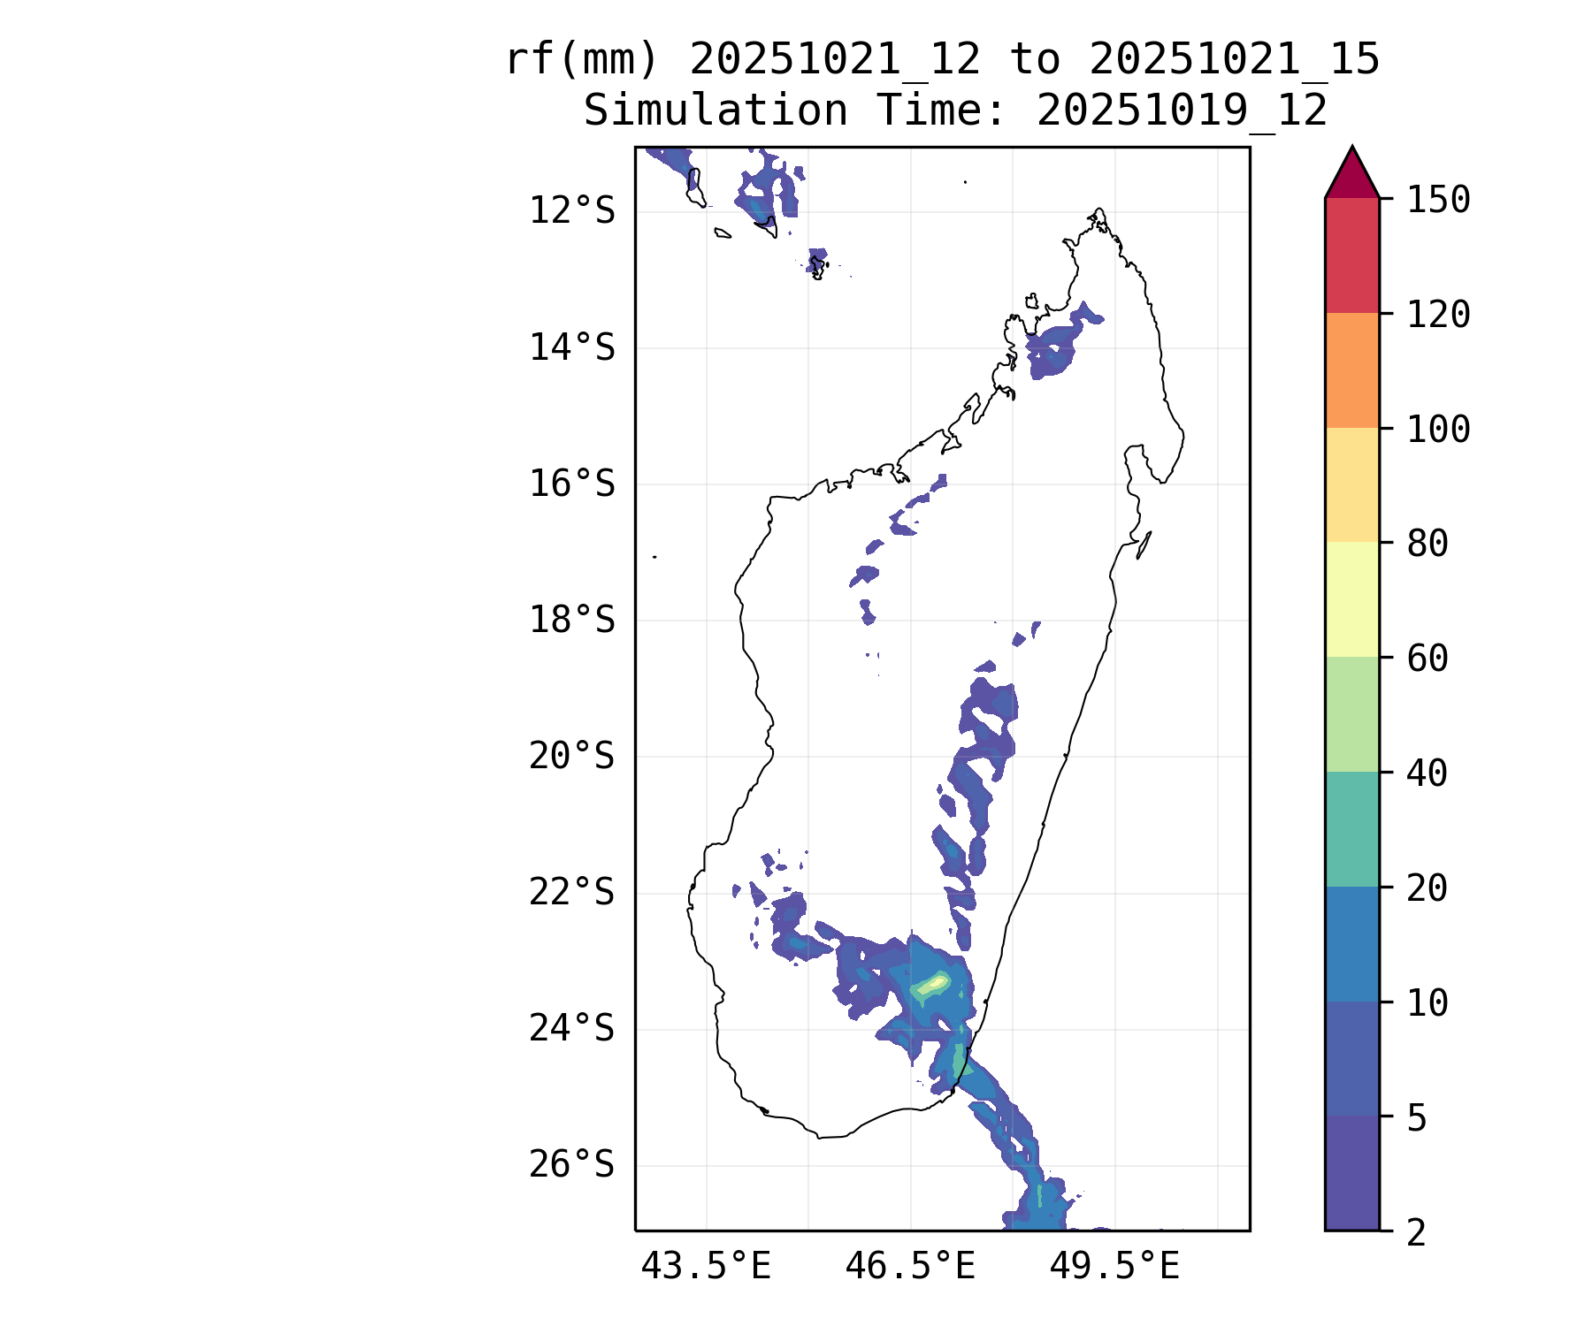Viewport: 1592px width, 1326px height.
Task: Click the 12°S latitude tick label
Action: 571,211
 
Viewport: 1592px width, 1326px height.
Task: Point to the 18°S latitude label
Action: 571,621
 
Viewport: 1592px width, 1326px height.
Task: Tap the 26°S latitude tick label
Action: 571,1165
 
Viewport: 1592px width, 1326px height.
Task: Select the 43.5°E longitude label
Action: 706,1267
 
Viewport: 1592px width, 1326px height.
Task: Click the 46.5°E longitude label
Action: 910,1267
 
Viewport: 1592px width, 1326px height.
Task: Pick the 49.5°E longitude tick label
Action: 1114,1267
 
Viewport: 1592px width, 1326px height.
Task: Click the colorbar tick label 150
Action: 1438,200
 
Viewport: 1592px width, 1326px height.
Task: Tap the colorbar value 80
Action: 1427,544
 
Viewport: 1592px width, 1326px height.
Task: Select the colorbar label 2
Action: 1417,1232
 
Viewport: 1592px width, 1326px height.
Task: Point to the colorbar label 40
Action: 1427,773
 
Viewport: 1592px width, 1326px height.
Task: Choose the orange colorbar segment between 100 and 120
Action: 1351,370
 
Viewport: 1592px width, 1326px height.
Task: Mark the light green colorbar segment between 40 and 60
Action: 1351,714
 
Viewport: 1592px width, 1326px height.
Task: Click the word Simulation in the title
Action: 716,110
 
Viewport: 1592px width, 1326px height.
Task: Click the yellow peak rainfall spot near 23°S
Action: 936,981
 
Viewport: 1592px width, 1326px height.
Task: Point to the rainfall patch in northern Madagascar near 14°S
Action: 1057,343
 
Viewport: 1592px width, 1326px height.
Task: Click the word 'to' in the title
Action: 1035,60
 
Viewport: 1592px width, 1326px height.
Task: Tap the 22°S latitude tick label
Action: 571,893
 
